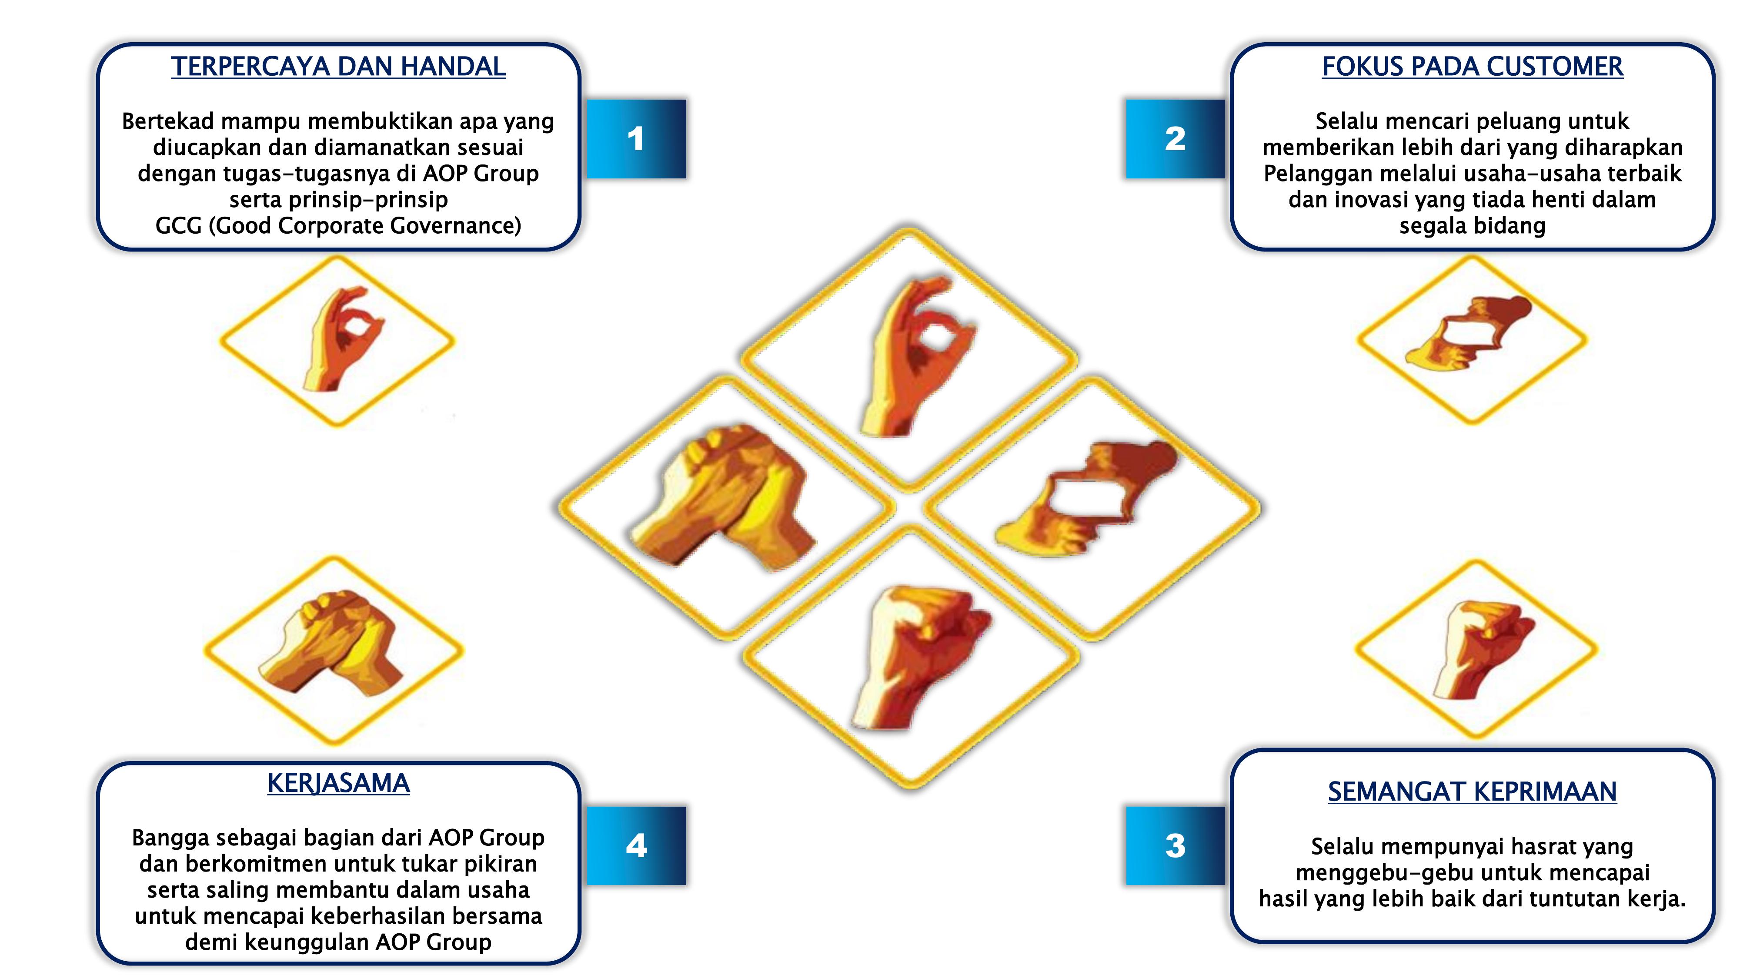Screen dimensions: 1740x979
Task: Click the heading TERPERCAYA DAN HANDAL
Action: pyautogui.click(x=338, y=67)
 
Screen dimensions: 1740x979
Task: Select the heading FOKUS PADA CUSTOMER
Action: pyautogui.click(x=1473, y=67)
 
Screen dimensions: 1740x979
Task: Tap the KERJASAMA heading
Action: pyautogui.click(x=338, y=784)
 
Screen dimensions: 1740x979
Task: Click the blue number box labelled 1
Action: pyautogui.click(x=636, y=139)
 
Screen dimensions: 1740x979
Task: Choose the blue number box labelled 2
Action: pyautogui.click(x=1176, y=139)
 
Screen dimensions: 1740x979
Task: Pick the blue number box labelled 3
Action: pyautogui.click(x=1176, y=846)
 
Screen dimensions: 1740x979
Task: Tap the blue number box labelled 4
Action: pyautogui.click(x=636, y=846)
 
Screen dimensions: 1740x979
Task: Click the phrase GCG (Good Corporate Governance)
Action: pyautogui.click(x=338, y=226)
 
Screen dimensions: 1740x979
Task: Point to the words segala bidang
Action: pyautogui.click(x=1473, y=226)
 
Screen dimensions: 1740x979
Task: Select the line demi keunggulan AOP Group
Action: pyautogui.click(x=338, y=942)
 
